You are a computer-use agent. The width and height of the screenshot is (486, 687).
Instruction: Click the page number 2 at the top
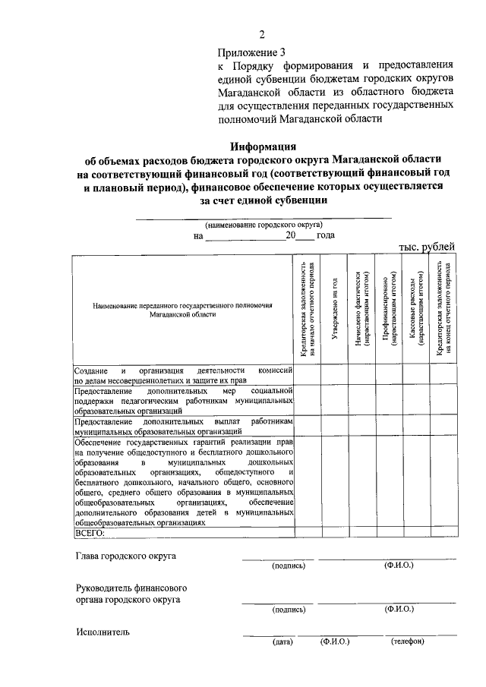262,33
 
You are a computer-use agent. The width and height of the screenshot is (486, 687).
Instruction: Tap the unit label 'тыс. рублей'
427,246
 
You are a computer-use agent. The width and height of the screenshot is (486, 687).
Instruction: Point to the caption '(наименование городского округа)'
263,225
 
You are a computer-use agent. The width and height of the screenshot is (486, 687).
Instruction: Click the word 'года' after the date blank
325,235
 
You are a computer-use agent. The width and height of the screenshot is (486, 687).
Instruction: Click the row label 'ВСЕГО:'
90,532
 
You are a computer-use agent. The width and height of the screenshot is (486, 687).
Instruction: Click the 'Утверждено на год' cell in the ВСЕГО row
333,532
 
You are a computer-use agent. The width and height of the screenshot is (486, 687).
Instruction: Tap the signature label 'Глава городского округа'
126,556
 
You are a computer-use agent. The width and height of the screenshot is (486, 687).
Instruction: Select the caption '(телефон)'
408,642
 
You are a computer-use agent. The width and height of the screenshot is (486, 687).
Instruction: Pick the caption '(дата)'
282,642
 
